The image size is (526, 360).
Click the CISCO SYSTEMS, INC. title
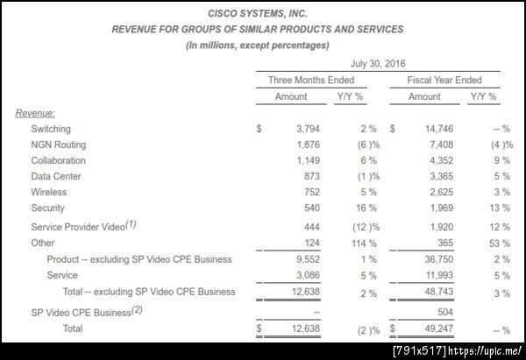tap(258, 14)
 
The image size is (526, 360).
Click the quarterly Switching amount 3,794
tap(307, 128)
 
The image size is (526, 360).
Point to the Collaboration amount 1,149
tap(307, 160)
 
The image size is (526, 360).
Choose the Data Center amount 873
tap(311, 176)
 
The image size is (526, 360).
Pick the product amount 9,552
tap(307, 259)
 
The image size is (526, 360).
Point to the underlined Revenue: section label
tap(35, 113)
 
